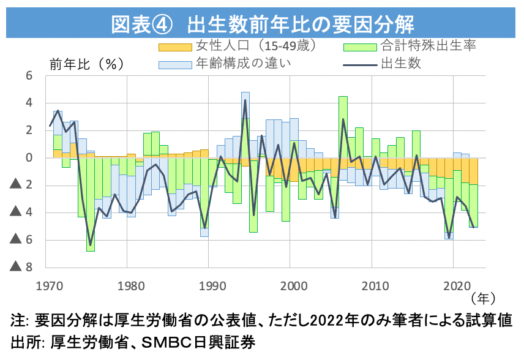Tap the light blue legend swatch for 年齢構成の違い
tap(175, 64)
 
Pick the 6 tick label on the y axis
tap(29, 75)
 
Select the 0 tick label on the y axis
tap(29, 158)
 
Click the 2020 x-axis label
tap(454, 285)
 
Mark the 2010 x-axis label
tap(372, 285)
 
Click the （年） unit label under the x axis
tap(483, 298)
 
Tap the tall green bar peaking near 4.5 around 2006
tap(343, 122)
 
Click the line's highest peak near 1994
tap(245, 100)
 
